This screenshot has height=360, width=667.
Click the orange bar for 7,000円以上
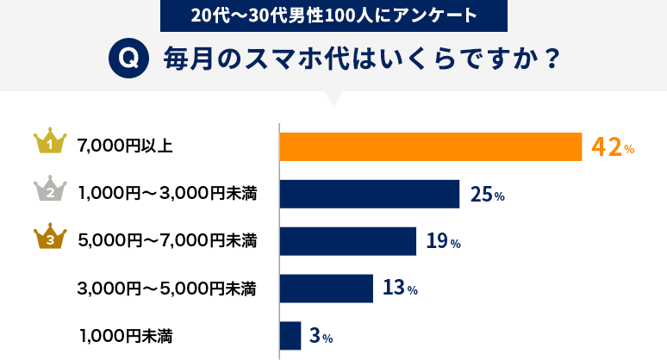coord(431,146)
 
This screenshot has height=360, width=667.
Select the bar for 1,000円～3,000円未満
coord(370,194)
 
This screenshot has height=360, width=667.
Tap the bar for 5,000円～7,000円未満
coord(348,241)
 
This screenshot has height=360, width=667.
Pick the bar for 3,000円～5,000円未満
coord(327,289)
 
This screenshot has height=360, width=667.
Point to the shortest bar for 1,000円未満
coord(290,336)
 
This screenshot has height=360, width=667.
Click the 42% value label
coord(613,147)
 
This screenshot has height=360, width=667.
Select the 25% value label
coord(487,196)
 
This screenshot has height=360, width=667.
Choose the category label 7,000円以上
coord(125,146)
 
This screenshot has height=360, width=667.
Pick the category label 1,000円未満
coord(126,336)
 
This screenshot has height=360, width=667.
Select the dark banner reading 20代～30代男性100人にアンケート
coord(333,15)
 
